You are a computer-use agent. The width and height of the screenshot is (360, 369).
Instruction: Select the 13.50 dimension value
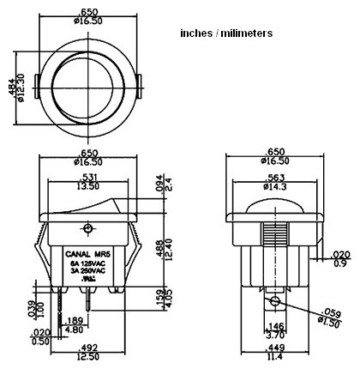(87, 184)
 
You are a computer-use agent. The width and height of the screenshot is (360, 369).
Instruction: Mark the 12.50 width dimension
(88, 356)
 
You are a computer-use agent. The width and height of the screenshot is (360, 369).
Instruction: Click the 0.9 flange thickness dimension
(342, 263)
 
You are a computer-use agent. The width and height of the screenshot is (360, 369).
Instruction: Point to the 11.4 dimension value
(274, 356)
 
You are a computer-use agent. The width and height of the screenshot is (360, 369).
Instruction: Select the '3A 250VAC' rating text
(88, 272)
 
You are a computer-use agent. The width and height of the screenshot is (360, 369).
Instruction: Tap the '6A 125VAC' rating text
(88, 263)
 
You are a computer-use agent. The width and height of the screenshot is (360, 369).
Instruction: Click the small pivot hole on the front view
(87, 228)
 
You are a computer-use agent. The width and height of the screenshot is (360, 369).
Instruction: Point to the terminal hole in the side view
(273, 302)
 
